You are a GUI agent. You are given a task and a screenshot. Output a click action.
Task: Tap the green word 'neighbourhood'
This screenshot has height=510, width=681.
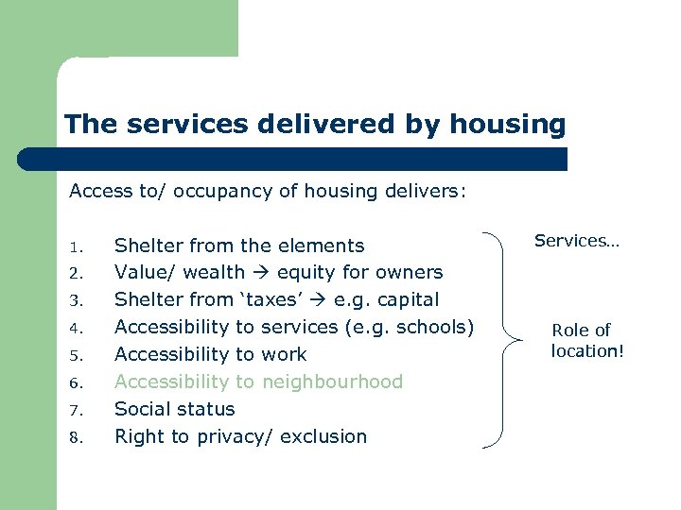coord(332,382)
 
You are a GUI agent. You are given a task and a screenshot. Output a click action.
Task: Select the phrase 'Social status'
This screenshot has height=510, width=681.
coord(174,409)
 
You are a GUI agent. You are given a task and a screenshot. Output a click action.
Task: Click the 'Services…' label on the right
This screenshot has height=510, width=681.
coord(576,241)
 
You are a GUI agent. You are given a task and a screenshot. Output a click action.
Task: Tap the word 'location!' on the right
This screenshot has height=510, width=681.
coord(587,352)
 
